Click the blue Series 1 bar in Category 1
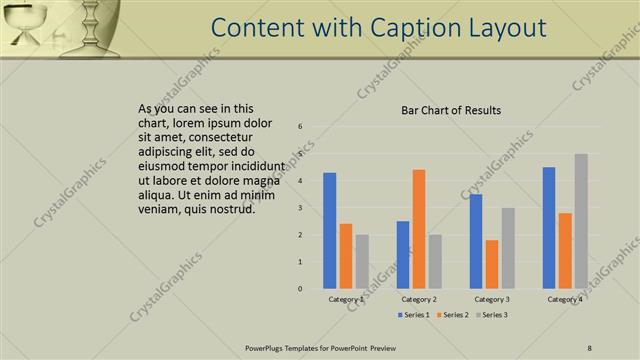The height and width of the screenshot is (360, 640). coord(330,231)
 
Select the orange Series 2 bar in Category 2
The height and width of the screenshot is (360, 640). coord(418,229)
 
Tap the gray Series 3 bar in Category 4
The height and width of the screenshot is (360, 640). coord(581,221)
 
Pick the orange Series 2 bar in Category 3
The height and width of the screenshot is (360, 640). coord(491,264)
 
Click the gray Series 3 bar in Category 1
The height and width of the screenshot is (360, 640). coord(362,261)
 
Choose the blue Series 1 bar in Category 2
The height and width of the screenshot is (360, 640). coord(403,255)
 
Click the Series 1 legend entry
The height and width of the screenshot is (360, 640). coord(413,315)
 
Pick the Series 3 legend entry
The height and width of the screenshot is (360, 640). coord(491,315)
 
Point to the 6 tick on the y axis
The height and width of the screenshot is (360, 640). coord(301,127)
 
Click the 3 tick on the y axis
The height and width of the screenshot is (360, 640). coord(301,208)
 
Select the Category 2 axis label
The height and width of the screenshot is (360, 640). coord(419,299)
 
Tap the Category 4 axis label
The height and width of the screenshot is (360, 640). coord(565,299)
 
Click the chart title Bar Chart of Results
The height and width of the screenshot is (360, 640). coord(451,110)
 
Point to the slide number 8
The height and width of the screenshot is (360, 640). coord(589,348)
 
